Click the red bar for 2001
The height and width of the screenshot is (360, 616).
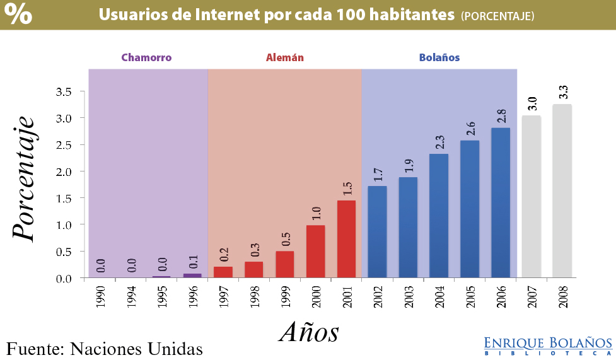click(x=346, y=239)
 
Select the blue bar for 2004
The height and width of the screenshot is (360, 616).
click(x=439, y=216)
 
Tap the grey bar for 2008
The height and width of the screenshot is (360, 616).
click(x=562, y=191)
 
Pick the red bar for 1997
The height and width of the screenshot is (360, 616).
click(x=223, y=272)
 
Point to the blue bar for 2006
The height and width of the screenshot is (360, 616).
click(x=501, y=202)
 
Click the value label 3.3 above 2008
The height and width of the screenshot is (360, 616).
click(x=564, y=92)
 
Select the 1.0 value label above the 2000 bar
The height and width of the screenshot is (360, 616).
click(x=316, y=214)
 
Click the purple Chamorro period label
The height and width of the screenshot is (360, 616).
click(x=146, y=57)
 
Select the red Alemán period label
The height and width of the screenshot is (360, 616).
click(x=284, y=57)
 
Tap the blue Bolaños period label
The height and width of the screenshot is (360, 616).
click(x=439, y=57)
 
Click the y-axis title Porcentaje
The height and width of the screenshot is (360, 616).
click(x=23, y=178)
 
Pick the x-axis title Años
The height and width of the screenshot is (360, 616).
click(x=309, y=331)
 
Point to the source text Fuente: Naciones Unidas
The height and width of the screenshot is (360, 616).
click(x=105, y=348)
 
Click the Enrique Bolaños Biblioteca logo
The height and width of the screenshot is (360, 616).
click(x=548, y=345)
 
